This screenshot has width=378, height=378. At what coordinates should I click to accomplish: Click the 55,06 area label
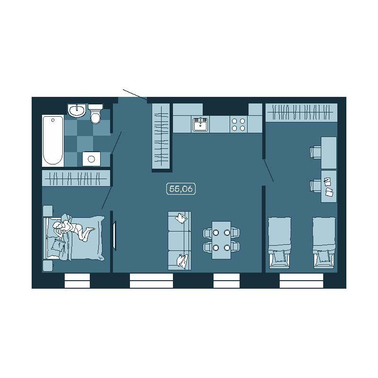coord(181,189)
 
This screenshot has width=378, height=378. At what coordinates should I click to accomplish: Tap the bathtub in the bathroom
coord(53,141)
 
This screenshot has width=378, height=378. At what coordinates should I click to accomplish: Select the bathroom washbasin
coord(77,111)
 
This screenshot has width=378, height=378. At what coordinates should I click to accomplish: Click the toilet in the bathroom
coord(95,113)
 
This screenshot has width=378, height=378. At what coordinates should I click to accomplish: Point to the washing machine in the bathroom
coord(91,159)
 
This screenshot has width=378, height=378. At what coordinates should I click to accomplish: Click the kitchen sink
coord(200,124)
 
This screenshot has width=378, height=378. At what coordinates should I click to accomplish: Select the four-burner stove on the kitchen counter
coord(238,125)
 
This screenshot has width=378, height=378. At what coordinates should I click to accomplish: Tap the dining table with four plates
coord(221,240)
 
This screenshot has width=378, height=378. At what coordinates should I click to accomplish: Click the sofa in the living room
coord(180,241)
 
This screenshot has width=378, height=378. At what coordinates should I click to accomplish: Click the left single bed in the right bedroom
coord(280,243)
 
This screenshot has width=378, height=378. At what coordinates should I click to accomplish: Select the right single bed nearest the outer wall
coord(324,243)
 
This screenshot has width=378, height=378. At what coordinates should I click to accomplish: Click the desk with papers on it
coord(329,186)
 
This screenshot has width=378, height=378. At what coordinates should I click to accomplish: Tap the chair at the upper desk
coord(315,152)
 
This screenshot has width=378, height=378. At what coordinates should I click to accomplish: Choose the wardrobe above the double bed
coord(76,178)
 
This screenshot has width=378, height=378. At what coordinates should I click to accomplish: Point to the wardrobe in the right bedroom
coord(301,112)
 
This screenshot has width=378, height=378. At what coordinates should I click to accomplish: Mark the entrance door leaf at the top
coord(135,94)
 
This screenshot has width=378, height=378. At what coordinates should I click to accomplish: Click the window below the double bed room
coord(77,281)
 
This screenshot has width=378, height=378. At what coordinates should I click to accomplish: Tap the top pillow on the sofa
coord(181,218)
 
